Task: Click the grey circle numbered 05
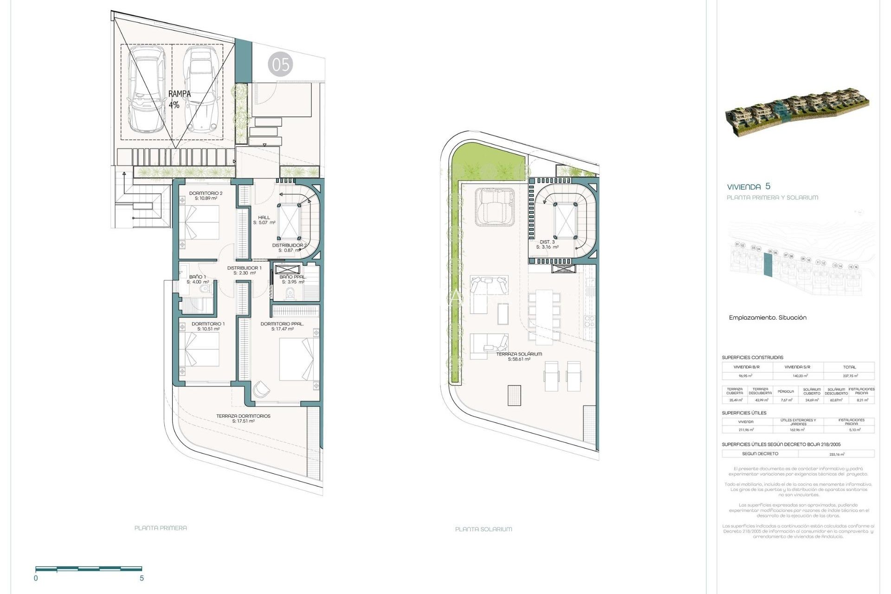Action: point(280,65)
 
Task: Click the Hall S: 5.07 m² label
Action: point(264,220)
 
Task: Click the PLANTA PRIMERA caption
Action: point(161,528)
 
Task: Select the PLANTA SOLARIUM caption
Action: point(484,529)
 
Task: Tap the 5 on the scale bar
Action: point(142,578)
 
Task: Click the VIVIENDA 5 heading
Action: point(749,187)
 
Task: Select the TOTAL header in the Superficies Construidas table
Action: point(849,367)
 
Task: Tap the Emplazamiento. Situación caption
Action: point(768,318)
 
